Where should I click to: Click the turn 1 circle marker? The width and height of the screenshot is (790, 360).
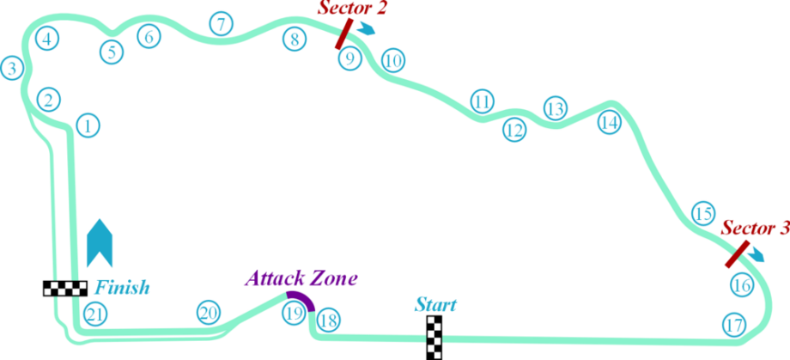(88, 125)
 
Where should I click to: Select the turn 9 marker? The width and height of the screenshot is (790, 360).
(350, 58)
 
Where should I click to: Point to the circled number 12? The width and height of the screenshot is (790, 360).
(514, 130)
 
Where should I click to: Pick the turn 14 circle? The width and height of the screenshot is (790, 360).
(610, 123)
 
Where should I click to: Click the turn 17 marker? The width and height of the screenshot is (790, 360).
(733, 326)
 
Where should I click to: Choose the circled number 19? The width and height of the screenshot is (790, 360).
(295, 314)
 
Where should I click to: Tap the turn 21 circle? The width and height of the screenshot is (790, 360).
(95, 314)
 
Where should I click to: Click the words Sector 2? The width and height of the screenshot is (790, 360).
(352, 9)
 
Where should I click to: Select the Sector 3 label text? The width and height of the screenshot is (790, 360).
(755, 229)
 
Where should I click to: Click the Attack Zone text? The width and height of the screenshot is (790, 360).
(301, 278)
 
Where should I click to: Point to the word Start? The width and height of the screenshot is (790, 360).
(436, 305)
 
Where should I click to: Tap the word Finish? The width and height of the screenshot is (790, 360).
(123, 288)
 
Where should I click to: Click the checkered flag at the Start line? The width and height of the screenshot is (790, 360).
(434, 338)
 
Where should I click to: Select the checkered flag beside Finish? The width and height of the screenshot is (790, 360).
(65, 288)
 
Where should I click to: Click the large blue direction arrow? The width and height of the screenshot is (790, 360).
(100, 242)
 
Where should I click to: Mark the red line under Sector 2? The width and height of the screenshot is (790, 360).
(343, 34)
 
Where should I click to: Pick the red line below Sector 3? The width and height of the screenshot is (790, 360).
(737, 254)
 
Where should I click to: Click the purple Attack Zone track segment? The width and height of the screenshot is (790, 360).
(304, 297)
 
